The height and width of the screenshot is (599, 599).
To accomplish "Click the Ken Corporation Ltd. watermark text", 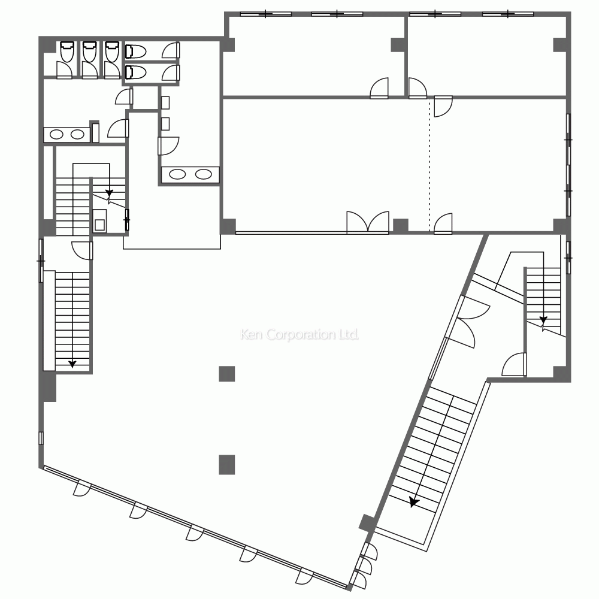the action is pos(299,335).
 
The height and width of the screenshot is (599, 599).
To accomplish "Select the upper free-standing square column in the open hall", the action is pos(227,374).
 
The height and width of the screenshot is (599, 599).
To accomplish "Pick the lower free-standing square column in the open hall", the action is pos(227,465).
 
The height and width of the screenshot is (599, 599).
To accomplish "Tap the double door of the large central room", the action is pos(368,222).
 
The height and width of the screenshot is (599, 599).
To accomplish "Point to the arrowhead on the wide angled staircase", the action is pos(414,502).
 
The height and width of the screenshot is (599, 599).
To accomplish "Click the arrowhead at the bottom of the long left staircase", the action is pos(72,364).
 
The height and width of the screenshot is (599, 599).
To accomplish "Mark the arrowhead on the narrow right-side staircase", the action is pos(543,320).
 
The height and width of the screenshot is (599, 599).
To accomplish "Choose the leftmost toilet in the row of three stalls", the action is pos(67,52).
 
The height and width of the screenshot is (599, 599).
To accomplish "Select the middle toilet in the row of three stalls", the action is pos(89,52).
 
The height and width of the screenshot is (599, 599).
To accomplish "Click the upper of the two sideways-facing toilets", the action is pos(135,51).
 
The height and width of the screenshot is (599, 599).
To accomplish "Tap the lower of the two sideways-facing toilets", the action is pos(135,72).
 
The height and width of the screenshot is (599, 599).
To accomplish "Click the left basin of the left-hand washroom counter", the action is pos(57,134).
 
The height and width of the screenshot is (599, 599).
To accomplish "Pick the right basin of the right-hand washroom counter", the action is pos(203,174).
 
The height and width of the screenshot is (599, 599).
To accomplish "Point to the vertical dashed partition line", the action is pos(429,164).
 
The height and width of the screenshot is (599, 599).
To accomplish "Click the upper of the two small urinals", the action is pos(165,103).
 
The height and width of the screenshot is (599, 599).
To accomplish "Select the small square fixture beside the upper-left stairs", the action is pos(99,224).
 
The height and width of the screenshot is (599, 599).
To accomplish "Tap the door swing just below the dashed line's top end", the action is pos(443,107).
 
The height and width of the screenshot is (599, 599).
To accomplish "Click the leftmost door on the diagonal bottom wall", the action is pos(81,488).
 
